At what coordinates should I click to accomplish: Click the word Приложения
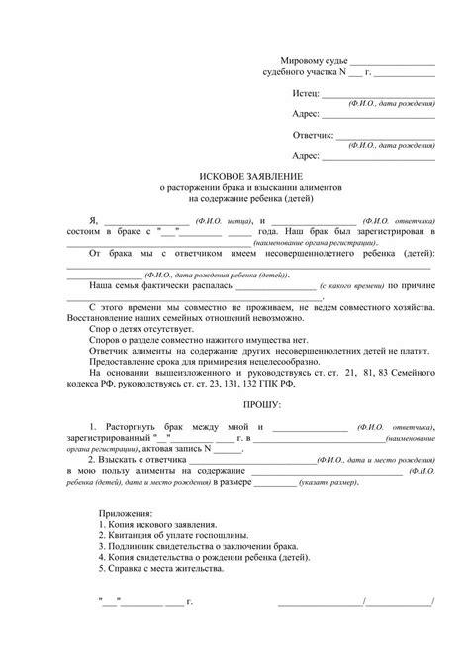(x=126, y=515)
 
